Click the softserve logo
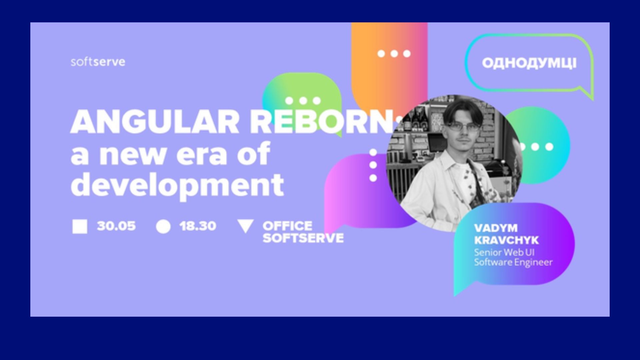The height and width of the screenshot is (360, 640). coord(98,62)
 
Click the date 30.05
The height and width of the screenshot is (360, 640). coord(116,226)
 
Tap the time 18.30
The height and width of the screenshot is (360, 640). coord(198,226)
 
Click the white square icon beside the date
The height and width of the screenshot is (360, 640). coord(80,226)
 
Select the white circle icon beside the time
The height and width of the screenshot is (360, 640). coord(163,226)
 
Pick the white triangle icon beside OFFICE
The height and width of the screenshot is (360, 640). coord(245,226)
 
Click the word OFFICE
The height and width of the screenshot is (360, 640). coord(287,226)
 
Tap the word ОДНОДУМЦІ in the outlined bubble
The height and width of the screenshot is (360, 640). coord(529,63)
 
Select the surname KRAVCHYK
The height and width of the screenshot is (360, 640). coord(506,240)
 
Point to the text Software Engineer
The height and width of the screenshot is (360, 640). coord(513,262)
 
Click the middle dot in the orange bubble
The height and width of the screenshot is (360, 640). coord(394,53)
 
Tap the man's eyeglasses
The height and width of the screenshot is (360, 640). coord(462,127)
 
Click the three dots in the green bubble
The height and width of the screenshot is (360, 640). coord(303,100)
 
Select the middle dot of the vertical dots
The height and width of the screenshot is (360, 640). coord(373,165)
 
